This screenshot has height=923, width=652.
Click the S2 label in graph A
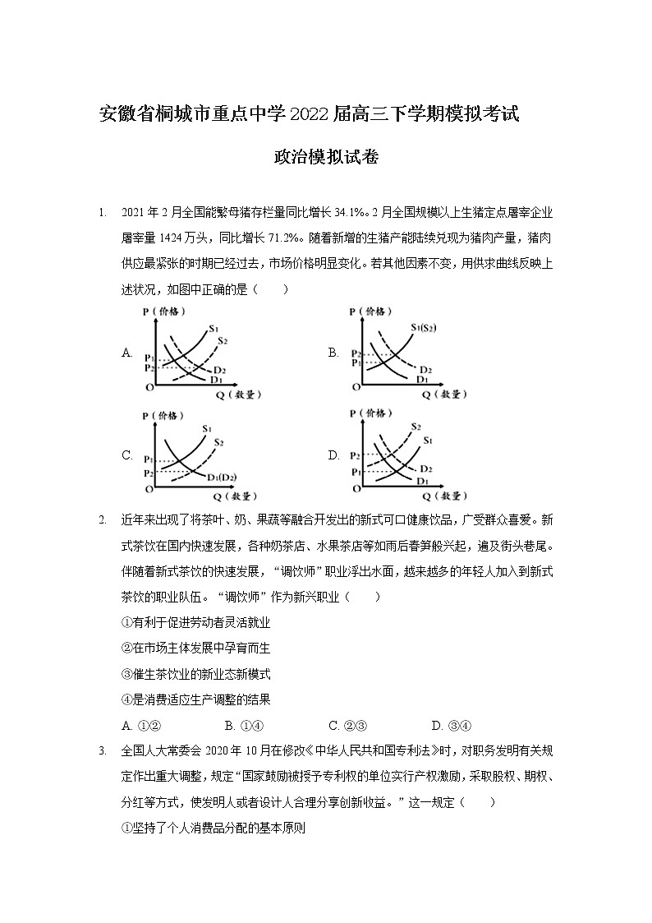click(x=223, y=340)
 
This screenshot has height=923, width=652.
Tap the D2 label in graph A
click(x=219, y=370)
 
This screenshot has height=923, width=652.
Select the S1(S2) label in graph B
click(x=423, y=326)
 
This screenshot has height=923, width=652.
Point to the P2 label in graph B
click(x=356, y=353)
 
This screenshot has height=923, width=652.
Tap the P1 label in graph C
click(x=148, y=459)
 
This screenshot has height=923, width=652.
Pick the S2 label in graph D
click(x=416, y=427)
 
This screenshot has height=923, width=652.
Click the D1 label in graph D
click(x=423, y=481)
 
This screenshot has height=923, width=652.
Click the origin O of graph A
click(x=149, y=386)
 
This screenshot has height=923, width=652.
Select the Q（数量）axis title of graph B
click(x=443, y=395)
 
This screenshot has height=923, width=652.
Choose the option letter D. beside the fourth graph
click(x=333, y=455)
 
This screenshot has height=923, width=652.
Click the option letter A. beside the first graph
click(x=127, y=353)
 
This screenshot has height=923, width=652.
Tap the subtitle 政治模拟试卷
click(x=326, y=158)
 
